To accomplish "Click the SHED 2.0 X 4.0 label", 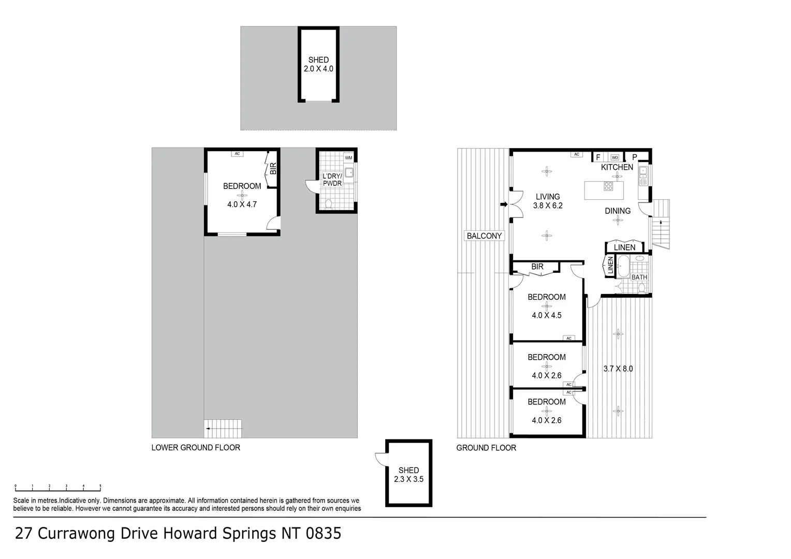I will [318, 64].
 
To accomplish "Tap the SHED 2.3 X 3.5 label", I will [408, 475].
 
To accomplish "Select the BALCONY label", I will [484, 236].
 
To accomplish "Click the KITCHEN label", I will [617, 167].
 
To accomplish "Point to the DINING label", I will [618, 211].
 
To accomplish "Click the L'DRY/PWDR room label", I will [332, 180].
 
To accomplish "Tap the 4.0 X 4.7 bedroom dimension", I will [242, 204].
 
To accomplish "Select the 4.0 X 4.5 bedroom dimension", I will [547, 315].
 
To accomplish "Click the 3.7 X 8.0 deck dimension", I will [618, 369].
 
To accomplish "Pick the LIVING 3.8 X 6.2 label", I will [548, 201].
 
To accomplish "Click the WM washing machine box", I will [348, 158].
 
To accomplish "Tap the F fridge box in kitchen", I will [598, 157].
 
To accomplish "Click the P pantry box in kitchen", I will [635, 157].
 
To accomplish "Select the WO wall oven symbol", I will [615, 157].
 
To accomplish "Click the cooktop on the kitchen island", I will [609, 186].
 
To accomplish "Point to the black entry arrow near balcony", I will [504, 205].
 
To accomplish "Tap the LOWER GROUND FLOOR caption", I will [196, 448].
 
